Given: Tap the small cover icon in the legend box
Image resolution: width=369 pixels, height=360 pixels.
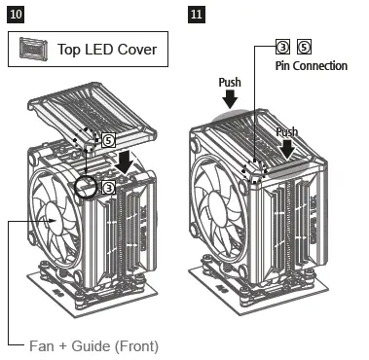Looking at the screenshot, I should click(32, 48).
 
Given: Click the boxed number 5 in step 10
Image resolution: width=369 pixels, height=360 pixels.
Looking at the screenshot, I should click(108, 141).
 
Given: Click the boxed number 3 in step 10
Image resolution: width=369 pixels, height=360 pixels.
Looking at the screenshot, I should click(110, 185).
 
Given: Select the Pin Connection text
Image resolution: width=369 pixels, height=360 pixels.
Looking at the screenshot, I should click(313, 66).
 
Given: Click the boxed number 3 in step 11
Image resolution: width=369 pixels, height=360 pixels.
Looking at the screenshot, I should click(282, 47).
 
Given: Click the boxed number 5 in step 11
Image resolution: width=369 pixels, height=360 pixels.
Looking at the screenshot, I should click(304, 47).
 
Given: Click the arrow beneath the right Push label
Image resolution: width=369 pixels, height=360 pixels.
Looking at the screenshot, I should click(289, 149).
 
